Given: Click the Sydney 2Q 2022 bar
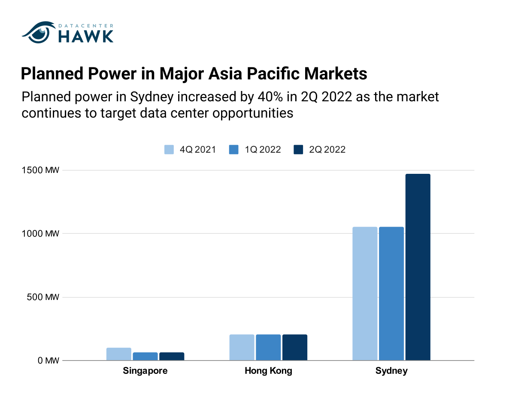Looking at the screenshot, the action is click(418, 267).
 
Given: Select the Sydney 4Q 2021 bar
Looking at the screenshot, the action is click(365, 294).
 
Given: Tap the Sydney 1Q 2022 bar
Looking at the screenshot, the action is click(391, 294).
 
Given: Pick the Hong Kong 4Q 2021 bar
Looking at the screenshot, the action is click(242, 347).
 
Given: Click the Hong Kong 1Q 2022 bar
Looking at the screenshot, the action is click(268, 347).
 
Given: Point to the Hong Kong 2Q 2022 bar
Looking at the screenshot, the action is click(295, 347).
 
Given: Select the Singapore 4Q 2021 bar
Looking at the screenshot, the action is click(119, 354).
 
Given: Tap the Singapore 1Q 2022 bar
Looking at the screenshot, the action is click(145, 356).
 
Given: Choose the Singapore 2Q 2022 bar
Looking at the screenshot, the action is click(172, 356).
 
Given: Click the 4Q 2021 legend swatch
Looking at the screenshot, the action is click(169, 149).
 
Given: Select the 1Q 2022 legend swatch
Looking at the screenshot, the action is click(234, 149).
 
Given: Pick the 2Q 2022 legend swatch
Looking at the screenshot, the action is click(298, 149).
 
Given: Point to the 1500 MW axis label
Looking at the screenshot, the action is click(40, 170).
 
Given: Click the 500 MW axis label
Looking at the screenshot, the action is click(43, 297).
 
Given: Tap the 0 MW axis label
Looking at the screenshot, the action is click(48, 361).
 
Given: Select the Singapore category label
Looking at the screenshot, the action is click(145, 371).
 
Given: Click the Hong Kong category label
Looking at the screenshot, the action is click(268, 371).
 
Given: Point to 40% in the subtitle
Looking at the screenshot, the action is click(270, 97).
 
